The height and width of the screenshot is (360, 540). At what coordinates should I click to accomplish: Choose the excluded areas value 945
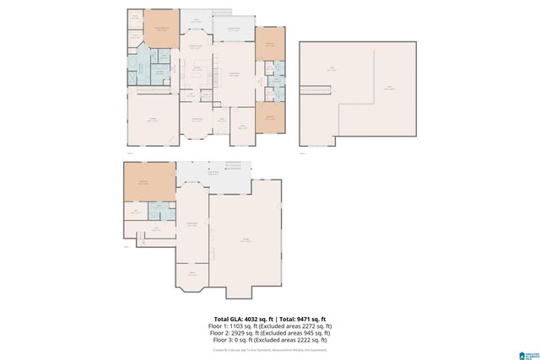305,331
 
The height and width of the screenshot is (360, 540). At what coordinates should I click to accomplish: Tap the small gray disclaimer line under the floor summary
270,347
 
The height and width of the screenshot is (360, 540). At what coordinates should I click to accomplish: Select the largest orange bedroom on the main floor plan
162,28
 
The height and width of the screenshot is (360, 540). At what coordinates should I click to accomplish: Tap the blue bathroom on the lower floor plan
156,211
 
